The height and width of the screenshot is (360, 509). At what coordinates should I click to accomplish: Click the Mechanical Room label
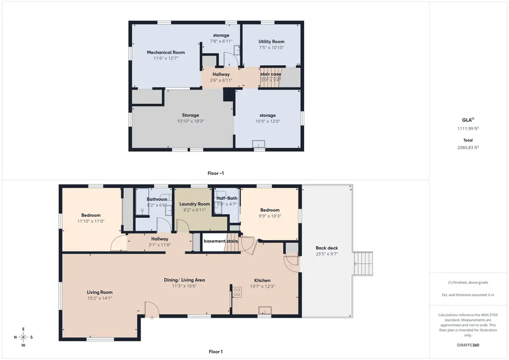point(166,52)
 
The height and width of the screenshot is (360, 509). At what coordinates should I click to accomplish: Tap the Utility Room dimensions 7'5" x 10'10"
point(271,47)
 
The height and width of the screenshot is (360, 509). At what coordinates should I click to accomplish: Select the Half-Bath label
point(227,198)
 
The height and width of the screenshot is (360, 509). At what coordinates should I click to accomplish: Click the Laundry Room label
point(194,204)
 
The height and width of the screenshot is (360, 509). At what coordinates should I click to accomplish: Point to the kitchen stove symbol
point(237,292)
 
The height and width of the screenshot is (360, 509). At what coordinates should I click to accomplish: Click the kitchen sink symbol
point(265,310)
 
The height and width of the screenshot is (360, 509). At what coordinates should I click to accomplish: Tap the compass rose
point(23,337)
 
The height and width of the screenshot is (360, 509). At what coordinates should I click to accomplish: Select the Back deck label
point(327,248)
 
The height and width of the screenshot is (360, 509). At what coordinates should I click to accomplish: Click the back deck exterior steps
point(363,264)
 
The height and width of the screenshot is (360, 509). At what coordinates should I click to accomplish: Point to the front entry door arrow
point(152,318)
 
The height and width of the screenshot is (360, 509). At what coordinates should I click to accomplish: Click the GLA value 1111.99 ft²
point(468,128)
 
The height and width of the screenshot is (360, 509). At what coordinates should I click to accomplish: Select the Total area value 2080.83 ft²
point(468,147)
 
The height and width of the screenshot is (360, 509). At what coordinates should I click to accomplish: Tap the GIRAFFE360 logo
point(468,345)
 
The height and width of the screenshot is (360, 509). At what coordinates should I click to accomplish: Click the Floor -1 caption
point(216,174)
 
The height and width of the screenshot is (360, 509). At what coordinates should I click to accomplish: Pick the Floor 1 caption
point(216,352)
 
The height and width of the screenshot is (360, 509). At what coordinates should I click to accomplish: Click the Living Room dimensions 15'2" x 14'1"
point(99,298)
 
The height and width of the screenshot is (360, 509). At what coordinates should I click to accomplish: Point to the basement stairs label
point(221,241)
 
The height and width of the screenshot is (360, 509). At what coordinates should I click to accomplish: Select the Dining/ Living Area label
point(184,280)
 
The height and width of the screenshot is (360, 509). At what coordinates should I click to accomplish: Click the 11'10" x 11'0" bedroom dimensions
point(91,221)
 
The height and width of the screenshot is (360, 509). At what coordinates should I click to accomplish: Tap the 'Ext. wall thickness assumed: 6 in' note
point(468,295)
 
